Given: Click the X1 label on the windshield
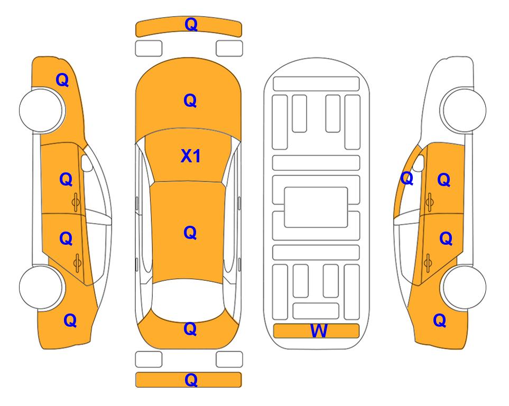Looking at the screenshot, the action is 191,156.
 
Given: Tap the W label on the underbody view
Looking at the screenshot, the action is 319,330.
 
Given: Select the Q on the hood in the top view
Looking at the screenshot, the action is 190,100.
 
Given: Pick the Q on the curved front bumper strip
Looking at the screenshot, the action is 191,24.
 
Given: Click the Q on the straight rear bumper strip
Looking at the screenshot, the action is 191,380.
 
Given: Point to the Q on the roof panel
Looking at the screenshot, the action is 190,233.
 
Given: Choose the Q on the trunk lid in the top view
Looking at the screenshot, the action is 190,329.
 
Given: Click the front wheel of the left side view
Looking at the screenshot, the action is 42,110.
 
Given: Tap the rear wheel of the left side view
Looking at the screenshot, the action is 41,287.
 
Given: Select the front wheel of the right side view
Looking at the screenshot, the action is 463,110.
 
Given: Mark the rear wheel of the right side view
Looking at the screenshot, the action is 464,287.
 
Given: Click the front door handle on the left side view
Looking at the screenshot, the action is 76,202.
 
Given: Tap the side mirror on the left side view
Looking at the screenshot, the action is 87,163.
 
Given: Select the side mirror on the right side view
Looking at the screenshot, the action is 419,163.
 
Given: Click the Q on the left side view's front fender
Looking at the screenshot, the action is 62,80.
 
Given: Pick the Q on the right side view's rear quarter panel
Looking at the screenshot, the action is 440,320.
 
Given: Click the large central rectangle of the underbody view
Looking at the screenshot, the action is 316,207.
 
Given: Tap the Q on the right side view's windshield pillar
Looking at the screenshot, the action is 407,178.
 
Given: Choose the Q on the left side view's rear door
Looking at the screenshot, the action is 66,238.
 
